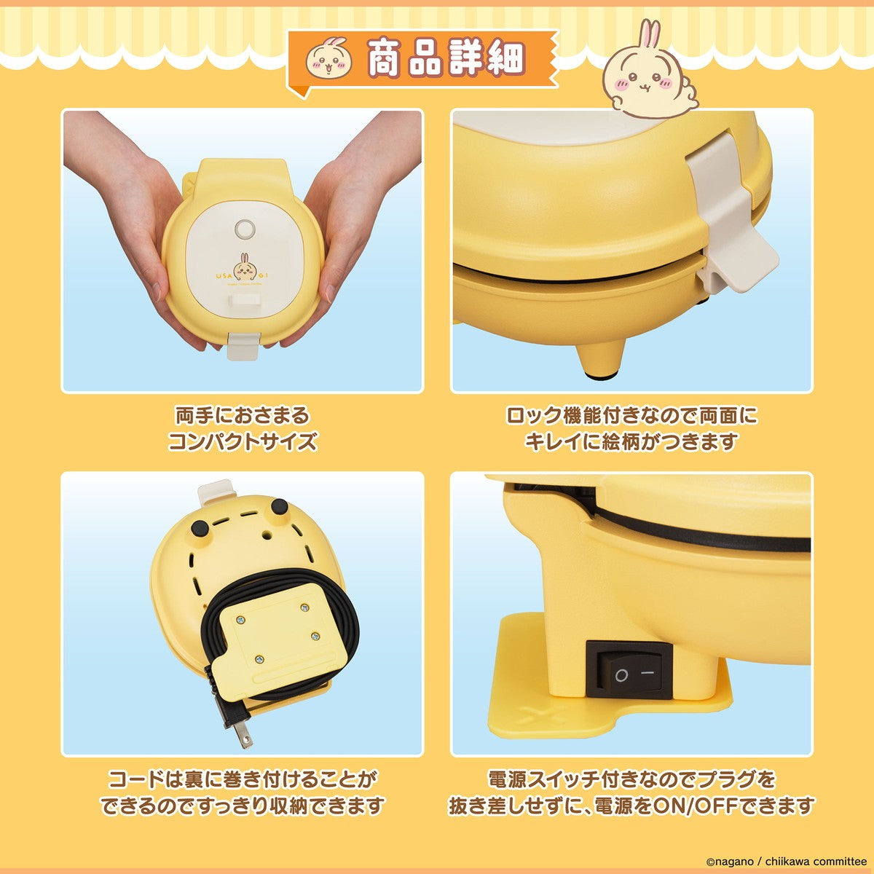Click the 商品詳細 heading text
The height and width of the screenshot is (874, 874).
pos(445,59)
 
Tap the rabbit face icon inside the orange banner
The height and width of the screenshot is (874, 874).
pos(326,60)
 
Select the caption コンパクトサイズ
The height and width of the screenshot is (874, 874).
pos(242,441)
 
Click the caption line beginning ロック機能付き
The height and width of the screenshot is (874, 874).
pos(631,416)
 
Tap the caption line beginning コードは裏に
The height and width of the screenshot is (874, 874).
pos(242,780)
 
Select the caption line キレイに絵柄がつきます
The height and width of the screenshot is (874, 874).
pos(631,441)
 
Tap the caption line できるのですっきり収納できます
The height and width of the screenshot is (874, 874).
pos(242,806)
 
